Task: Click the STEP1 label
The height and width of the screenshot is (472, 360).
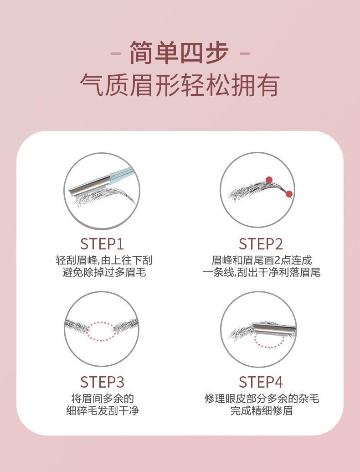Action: coord(102,244)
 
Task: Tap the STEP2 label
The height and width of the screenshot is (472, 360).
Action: coord(261,244)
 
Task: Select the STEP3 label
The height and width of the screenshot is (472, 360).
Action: coord(102,382)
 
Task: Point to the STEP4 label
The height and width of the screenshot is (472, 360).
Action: coord(261,382)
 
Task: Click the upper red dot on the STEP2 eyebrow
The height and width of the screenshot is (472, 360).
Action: coord(269,180)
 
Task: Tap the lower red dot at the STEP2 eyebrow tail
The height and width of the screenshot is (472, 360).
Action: coord(289,194)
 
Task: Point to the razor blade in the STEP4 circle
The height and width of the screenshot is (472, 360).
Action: coord(274,329)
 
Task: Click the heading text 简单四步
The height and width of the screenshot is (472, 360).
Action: coord(179,53)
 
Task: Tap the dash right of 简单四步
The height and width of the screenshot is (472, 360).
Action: coord(245,54)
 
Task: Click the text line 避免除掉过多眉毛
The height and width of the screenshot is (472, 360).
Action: coord(104,272)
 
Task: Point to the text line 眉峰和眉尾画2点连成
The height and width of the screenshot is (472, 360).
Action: coord(262,260)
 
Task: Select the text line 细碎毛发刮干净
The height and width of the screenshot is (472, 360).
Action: coord(103,410)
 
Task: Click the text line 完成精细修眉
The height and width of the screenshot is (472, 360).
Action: coord(262,410)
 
